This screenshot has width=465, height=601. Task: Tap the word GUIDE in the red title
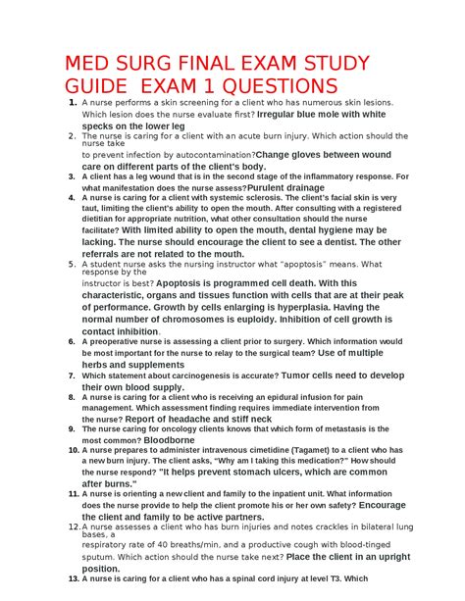pyautogui.click(x=105, y=85)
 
